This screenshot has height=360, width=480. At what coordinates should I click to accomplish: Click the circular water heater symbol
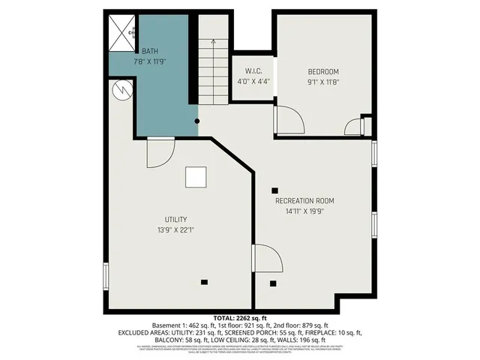121,91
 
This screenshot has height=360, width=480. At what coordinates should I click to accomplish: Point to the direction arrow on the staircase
213,44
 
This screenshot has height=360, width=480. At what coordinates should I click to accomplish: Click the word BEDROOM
323,71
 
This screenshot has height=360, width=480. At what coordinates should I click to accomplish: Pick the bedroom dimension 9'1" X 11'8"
323,82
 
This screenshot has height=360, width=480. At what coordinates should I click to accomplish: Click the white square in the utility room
196,177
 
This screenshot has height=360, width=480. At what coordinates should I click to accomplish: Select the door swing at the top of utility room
158,153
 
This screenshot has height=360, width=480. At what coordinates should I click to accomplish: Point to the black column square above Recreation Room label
275,190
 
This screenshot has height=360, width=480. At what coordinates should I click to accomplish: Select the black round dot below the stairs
197,121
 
